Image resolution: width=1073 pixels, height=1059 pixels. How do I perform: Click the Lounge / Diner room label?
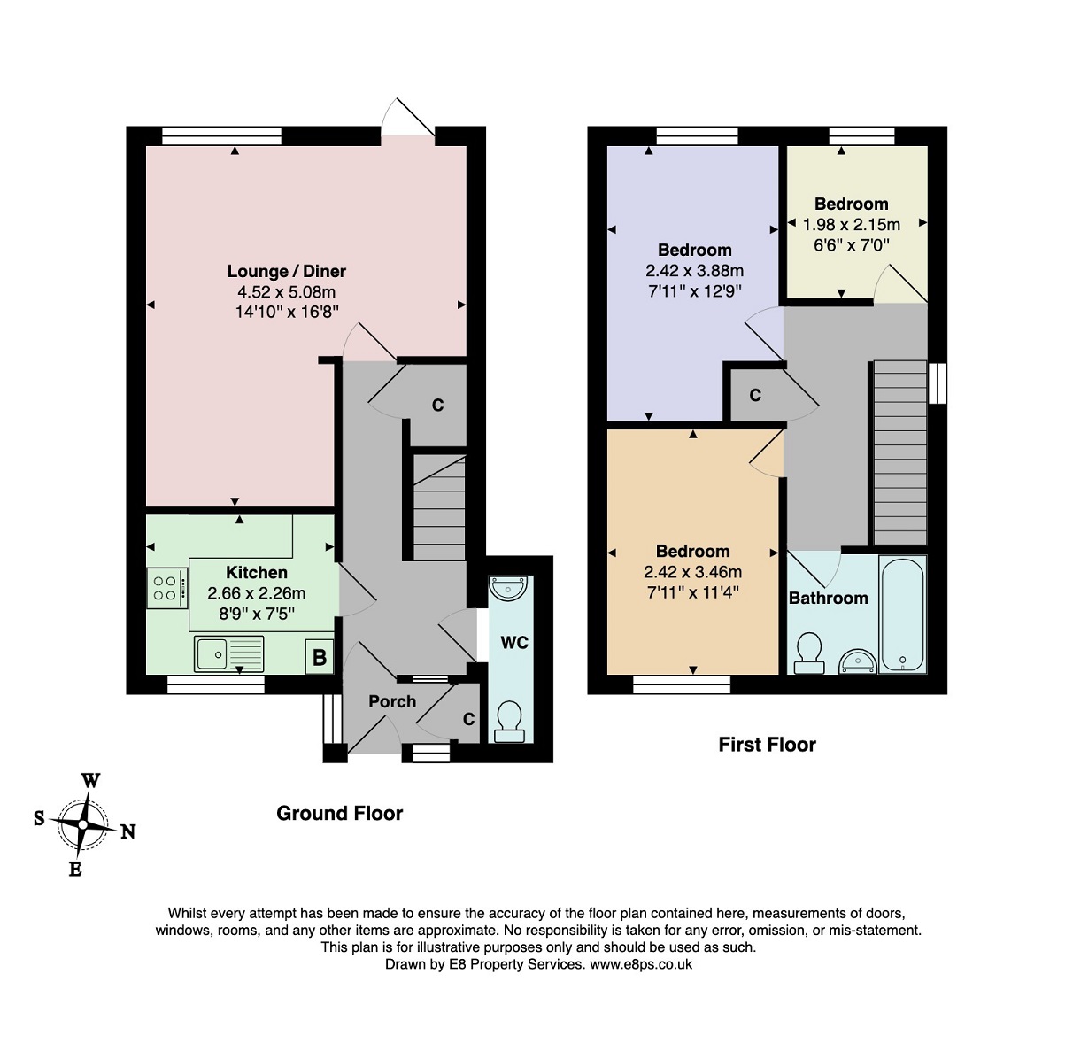point(286,271)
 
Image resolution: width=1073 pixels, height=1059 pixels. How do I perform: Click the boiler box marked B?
point(319,657)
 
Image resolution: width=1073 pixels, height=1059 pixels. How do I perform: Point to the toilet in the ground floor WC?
point(509,722)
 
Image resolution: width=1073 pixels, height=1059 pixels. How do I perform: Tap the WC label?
point(514,643)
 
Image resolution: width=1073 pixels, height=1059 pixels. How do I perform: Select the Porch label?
point(392,701)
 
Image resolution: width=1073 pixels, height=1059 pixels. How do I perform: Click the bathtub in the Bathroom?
point(902,614)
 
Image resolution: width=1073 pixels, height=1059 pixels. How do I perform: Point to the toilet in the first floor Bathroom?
point(808,653)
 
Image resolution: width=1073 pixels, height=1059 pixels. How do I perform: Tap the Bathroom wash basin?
point(858,661)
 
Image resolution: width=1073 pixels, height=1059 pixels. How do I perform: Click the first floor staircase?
point(899,452)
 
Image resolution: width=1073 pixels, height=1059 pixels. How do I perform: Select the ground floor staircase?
point(439,507)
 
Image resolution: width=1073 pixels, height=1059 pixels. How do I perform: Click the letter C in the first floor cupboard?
point(755,395)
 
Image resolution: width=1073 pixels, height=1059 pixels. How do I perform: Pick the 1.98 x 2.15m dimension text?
point(852,225)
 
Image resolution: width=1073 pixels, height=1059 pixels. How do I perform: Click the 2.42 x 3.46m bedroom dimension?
point(692,572)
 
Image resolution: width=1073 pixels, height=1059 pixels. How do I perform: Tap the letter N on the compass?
point(128,831)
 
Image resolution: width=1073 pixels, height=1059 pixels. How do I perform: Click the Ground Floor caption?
point(339,814)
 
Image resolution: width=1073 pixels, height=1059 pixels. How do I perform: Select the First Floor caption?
point(767,745)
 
